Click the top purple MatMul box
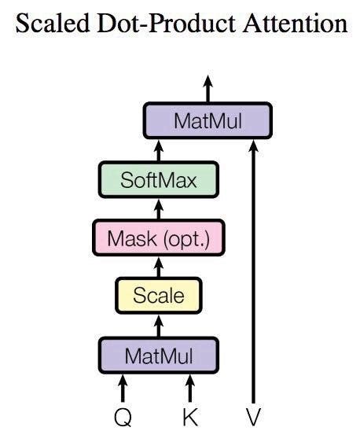[208, 121]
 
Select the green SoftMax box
[158, 180]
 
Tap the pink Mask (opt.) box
[158, 238]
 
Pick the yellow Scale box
[159, 296]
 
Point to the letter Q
[123, 416]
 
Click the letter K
[189, 416]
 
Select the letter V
[252, 416]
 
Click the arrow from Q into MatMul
[123, 389]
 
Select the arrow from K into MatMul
[189, 389]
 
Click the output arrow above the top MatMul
[208, 89]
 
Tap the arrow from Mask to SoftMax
[158, 208]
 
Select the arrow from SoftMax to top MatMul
[158, 150]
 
